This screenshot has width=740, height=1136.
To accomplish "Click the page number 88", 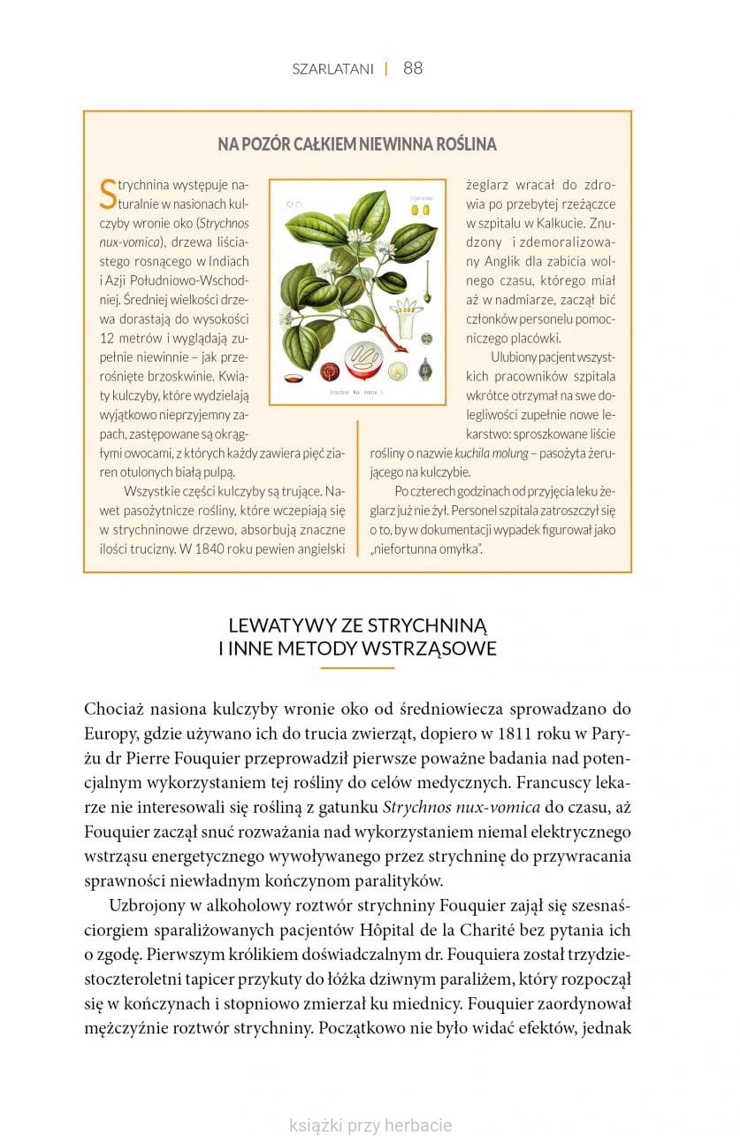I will click(x=413, y=68).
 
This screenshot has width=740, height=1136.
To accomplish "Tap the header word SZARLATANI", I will click(x=332, y=69).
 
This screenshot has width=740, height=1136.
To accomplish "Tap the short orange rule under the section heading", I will click(x=357, y=668).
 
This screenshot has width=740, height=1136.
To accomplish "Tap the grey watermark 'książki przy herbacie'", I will click(x=370, y=1125).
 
